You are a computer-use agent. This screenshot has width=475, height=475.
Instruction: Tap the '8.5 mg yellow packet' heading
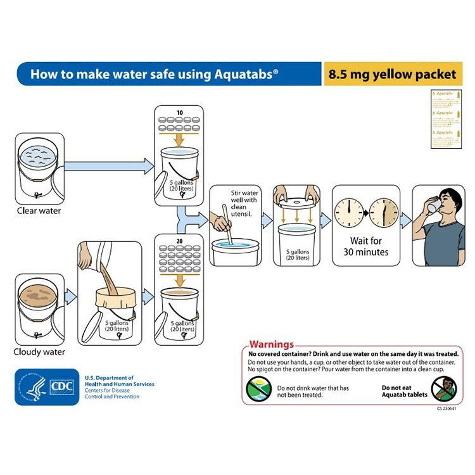392,74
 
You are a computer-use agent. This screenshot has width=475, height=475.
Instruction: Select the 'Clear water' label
39,211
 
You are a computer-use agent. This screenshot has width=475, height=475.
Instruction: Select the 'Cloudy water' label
40,351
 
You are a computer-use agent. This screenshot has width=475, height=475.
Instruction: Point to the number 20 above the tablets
179,241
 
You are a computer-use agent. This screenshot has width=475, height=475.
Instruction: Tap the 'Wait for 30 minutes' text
365,246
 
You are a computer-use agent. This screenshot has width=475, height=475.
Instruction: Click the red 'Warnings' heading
272,345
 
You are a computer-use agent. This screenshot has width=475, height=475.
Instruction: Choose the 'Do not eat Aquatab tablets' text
403,391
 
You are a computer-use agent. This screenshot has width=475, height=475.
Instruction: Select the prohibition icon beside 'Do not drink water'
259,388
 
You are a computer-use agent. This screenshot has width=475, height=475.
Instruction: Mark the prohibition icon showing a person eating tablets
443,388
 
